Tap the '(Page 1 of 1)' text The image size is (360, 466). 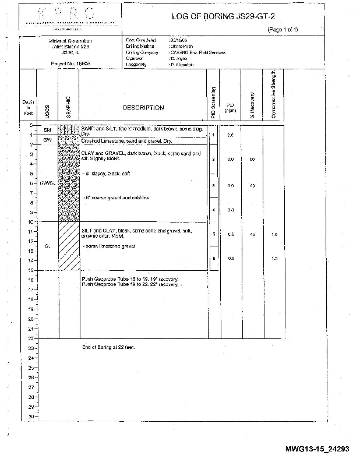(x=283, y=29)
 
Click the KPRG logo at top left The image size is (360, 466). (x=69, y=17)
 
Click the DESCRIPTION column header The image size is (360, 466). (x=143, y=108)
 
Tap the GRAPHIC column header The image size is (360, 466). (x=69, y=107)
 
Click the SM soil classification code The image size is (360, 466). (x=47, y=130)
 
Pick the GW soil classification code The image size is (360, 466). (x=47, y=140)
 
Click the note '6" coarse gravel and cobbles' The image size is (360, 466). (x=117, y=197)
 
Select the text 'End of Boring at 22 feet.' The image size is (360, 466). (x=108, y=347)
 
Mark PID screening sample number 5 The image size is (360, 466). (x=214, y=234)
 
